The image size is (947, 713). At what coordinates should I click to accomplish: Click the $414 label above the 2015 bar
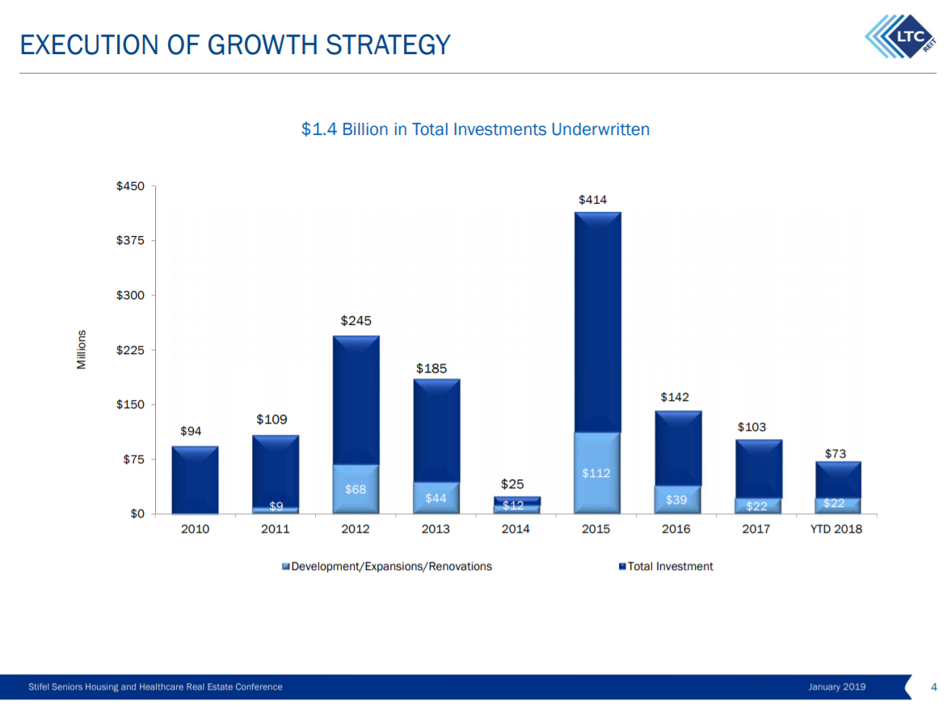(x=592, y=200)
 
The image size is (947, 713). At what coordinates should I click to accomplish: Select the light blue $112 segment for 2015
(x=596, y=473)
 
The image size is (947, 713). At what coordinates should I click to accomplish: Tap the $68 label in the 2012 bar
(x=356, y=489)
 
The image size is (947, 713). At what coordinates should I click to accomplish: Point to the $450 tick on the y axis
(x=130, y=187)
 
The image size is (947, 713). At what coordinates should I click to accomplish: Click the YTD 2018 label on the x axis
(x=837, y=529)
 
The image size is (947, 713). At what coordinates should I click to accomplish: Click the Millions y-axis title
(x=82, y=350)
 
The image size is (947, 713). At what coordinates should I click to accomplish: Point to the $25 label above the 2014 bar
(x=511, y=484)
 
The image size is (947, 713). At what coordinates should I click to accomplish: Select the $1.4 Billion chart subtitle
(x=475, y=129)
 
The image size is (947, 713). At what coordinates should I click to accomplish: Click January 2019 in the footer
(x=836, y=687)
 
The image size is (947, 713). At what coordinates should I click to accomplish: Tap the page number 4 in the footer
(x=933, y=687)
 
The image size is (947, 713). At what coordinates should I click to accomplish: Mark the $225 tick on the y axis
(x=130, y=350)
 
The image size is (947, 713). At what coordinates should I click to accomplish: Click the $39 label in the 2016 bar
(x=676, y=500)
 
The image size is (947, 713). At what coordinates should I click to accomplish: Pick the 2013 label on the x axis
(x=436, y=529)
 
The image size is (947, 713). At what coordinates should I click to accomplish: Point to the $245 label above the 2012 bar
(x=356, y=321)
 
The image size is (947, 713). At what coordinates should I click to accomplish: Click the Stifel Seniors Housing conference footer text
(x=155, y=687)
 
